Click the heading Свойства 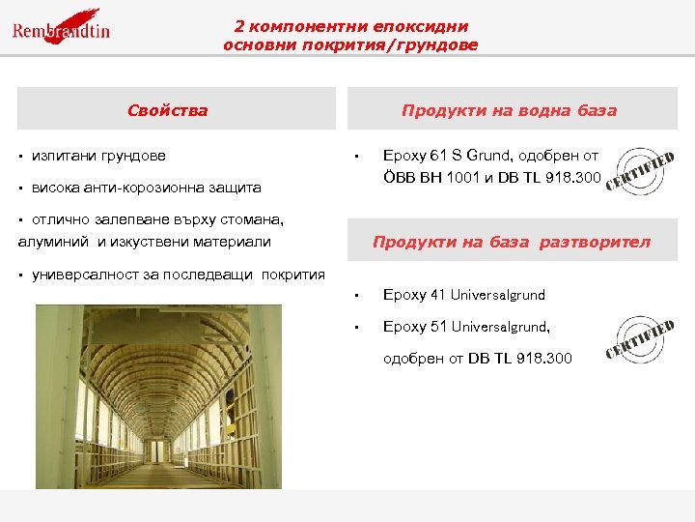(167, 110)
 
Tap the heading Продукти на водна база (509, 110)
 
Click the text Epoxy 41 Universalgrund (464, 295)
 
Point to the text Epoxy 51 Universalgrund (466, 327)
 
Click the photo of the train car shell (158, 396)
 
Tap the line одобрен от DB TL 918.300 (478, 359)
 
